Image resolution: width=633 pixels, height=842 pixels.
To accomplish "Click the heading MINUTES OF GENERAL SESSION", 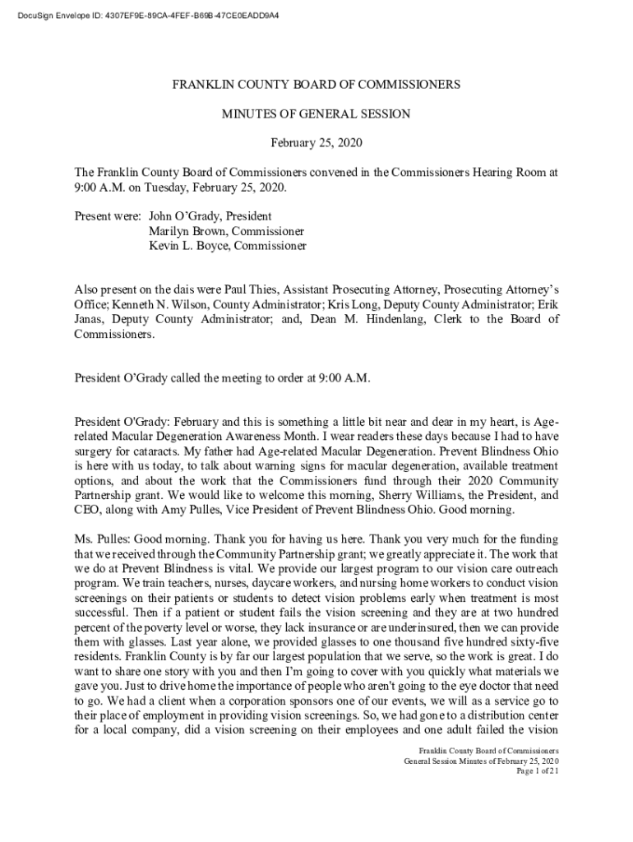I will pos(316,114).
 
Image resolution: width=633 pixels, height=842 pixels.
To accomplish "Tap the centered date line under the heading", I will pos(316,144).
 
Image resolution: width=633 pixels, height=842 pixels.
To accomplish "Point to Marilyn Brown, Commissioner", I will pos(226,231).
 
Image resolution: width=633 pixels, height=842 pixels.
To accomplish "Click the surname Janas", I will pos(90,320).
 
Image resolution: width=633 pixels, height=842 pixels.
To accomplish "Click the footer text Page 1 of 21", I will pos(537,770).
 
